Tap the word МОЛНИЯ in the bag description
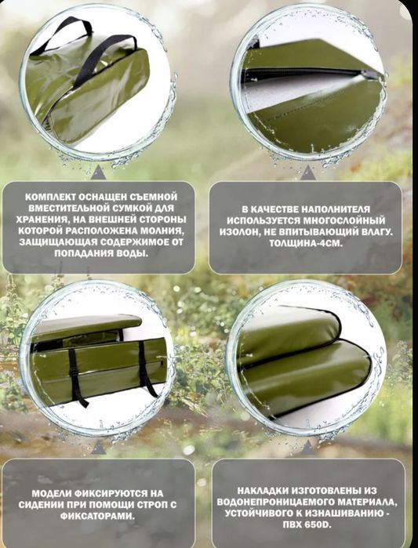tap(162, 231)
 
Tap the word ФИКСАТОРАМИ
tap(97, 517)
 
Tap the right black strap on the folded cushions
tap(144, 369)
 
